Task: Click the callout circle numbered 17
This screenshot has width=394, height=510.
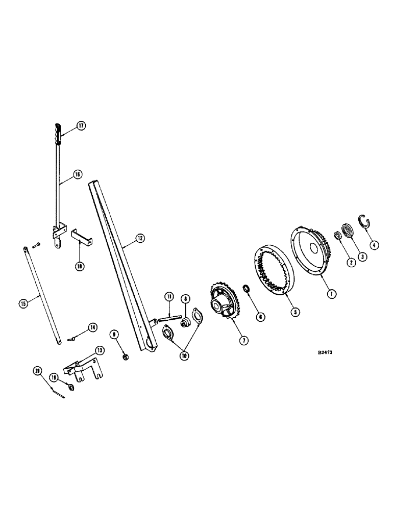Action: click(81, 126)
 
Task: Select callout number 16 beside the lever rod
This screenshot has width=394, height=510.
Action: click(78, 174)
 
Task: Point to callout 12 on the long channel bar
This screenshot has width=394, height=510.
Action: click(140, 238)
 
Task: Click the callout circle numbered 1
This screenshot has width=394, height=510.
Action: click(331, 293)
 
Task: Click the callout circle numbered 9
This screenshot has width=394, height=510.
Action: click(114, 334)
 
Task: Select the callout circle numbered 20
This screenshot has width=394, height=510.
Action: click(38, 372)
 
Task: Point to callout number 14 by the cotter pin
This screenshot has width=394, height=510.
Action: click(92, 327)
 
